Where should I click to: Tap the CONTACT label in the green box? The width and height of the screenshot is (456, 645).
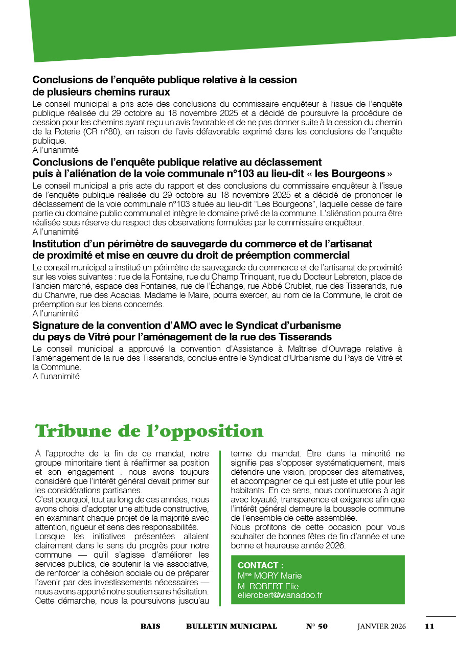click(261, 566)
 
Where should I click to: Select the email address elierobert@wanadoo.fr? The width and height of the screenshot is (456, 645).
click(280, 595)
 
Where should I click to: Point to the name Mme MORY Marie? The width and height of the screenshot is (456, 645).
click(269, 576)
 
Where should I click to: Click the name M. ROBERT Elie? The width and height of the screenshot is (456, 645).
click(268, 586)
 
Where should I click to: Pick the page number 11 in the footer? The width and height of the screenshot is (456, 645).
click(429, 627)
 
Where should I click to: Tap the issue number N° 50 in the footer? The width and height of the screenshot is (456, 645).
click(317, 627)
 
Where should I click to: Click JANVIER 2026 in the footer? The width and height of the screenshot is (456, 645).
click(381, 627)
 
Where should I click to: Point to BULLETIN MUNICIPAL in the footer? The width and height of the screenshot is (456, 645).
click(232, 627)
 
